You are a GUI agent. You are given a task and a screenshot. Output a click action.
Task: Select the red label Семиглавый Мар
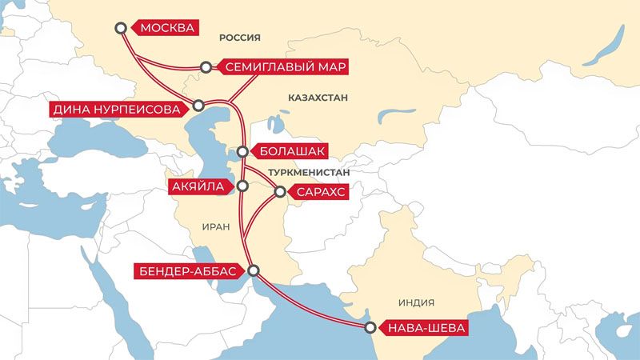[x=284, y=67]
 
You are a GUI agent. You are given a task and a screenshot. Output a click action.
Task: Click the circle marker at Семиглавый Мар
[x=206, y=67]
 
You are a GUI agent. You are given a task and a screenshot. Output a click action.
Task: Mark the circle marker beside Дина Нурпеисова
[x=198, y=106]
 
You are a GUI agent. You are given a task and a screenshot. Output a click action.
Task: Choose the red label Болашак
[x=290, y=150]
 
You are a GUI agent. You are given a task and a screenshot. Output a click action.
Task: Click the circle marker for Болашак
[x=242, y=150]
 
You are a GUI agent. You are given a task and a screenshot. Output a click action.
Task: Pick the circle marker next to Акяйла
[x=242, y=186]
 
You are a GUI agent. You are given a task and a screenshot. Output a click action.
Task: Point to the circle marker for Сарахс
[x=280, y=192]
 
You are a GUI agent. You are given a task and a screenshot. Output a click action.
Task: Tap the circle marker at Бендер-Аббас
[x=254, y=271]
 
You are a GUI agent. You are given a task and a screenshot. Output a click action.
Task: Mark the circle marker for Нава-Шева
[x=370, y=327]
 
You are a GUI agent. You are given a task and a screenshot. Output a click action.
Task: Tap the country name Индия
[x=415, y=302]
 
